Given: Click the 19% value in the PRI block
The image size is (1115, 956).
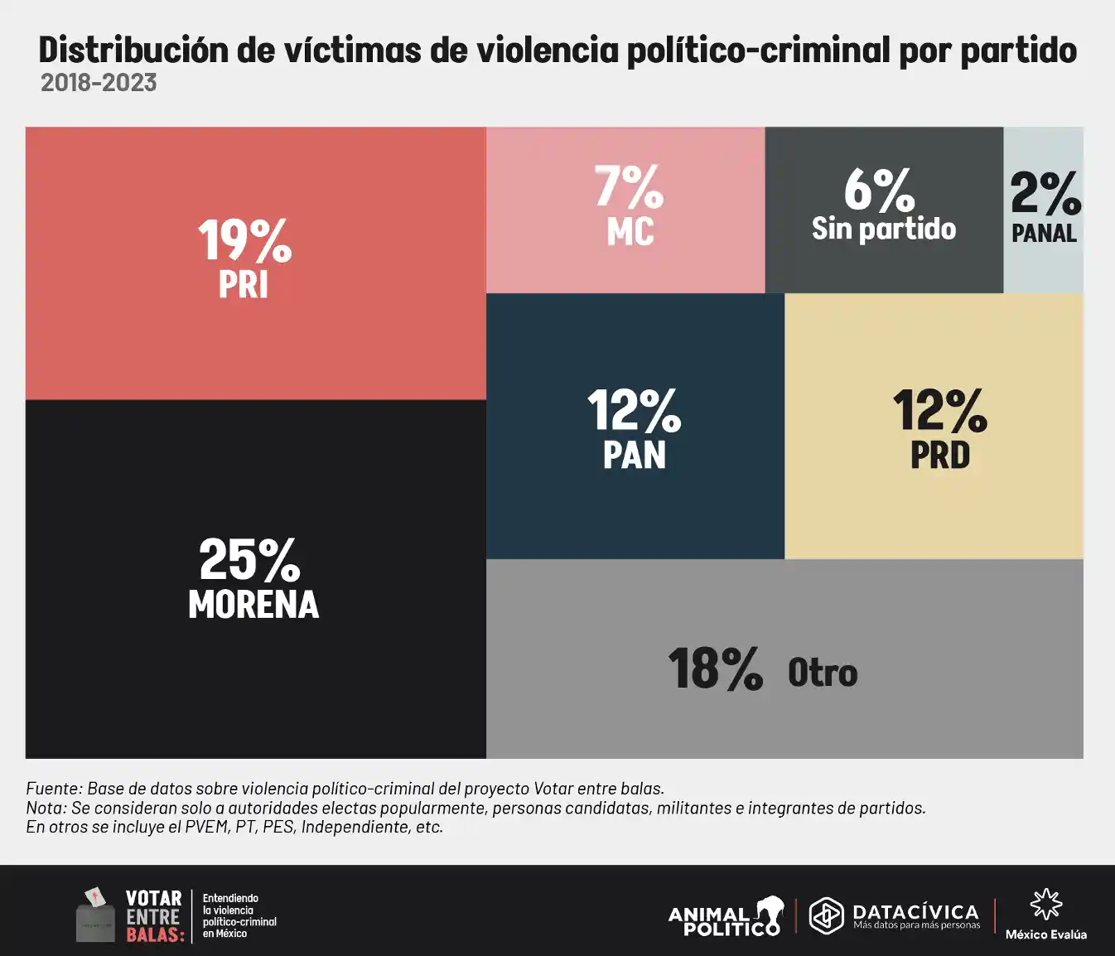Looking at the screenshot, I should [x=244, y=241].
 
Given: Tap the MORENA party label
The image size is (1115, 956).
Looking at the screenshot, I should [x=253, y=605].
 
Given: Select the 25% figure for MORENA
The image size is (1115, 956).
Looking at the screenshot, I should [x=249, y=560].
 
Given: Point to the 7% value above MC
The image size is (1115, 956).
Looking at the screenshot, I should [x=629, y=186].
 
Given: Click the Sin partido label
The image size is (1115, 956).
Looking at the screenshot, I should [x=884, y=229].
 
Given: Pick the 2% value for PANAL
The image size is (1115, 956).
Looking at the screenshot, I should [x=1045, y=194].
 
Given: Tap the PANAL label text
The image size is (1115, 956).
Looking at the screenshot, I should [x=1044, y=234].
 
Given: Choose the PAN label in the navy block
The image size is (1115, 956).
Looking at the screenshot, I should [x=635, y=456].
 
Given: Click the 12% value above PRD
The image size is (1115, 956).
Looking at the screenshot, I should [x=939, y=411].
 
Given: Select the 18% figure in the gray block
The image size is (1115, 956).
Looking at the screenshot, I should [x=715, y=669].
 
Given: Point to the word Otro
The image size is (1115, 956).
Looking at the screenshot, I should [x=823, y=673].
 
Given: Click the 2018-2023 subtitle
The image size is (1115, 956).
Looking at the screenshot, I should [x=99, y=83].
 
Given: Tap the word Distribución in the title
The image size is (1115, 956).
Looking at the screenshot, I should [x=133, y=51].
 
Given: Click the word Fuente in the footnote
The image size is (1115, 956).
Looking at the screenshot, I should [x=52, y=789].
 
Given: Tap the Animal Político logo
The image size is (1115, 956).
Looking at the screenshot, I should [x=726, y=917].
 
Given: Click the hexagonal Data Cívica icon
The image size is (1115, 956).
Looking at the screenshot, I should [x=826, y=915].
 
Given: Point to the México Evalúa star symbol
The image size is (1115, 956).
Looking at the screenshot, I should [x=1045, y=905].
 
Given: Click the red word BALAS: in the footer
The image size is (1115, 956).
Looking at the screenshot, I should [x=155, y=935].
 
